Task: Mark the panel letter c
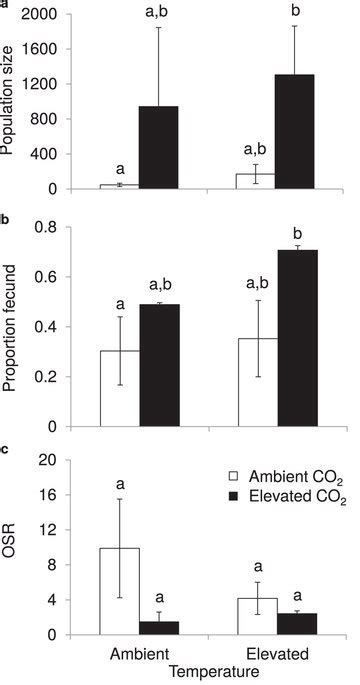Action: (x=6, y=447)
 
